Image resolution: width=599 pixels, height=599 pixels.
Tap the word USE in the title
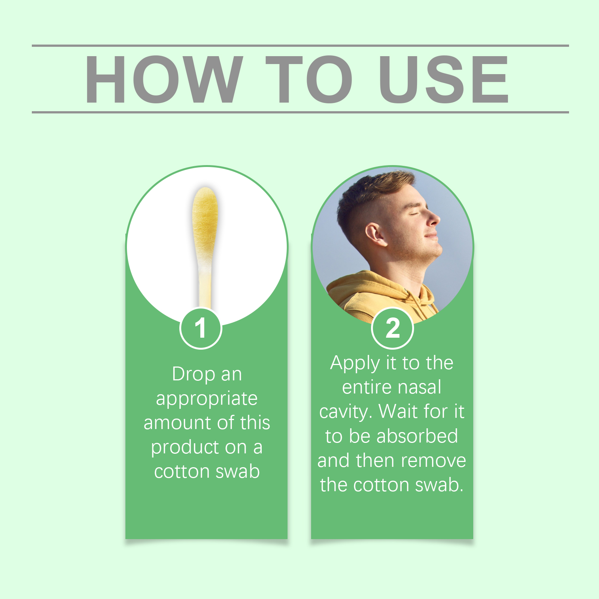coord(443,79)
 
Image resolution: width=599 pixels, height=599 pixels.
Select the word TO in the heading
coord(309,79)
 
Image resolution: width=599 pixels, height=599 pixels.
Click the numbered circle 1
coord(201,328)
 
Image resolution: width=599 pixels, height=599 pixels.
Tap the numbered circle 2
coord(392,328)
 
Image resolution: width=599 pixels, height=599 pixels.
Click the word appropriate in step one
coord(207,399)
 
